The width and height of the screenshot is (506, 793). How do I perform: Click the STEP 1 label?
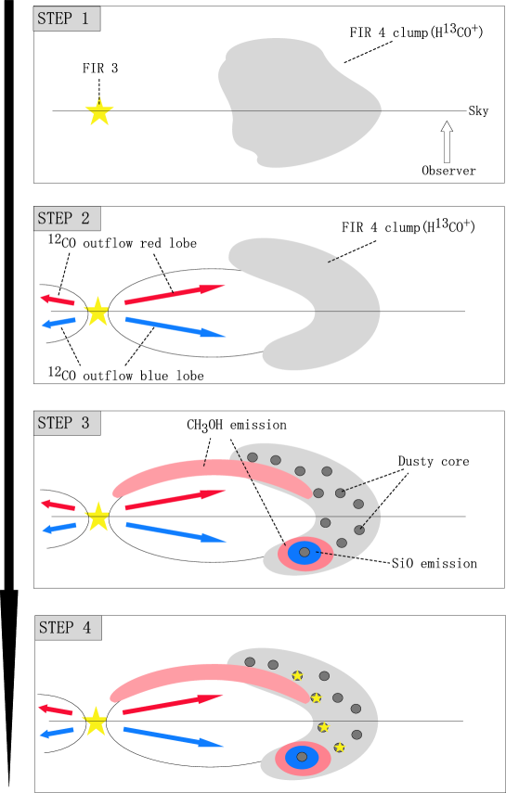pos(67,19)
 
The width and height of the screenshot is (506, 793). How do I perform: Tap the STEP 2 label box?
pos(67,219)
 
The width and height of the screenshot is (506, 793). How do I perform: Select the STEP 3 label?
pos(67,423)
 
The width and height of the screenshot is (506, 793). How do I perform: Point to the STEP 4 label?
pos(68,628)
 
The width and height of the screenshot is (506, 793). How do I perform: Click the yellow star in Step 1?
pos(99,112)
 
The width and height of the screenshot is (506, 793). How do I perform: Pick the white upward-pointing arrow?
pos(447,142)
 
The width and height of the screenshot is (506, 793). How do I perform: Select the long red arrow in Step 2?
pos(174,294)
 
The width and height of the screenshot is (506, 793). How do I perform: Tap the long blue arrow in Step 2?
pos(174,326)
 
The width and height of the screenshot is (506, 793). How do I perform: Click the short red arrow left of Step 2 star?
pos(58,300)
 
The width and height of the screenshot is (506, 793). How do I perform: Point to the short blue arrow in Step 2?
pos(58,322)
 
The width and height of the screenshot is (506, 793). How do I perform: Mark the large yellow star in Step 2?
pos(97,312)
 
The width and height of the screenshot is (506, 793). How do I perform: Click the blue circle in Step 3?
pos(304,553)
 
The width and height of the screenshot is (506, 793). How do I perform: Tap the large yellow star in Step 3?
pos(97,517)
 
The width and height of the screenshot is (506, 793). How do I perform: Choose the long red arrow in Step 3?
pos(175,500)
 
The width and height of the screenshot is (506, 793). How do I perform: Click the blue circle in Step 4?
pos(302,757)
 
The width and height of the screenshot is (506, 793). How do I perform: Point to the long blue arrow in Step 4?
pos(173,737)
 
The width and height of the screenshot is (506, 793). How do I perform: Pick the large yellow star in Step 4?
pos(96,722)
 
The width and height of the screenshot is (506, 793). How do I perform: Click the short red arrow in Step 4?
pos(56,710)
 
